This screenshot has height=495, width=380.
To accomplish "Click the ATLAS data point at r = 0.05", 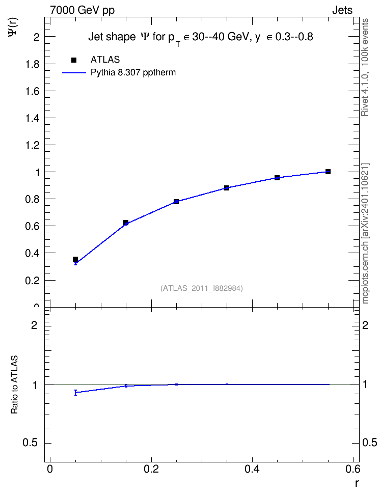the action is (75, 259).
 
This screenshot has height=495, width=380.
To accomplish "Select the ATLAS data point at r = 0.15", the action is (126, 223).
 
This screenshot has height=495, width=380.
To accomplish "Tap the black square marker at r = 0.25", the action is (176, 201).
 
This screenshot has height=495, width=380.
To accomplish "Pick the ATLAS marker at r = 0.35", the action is (227, 188).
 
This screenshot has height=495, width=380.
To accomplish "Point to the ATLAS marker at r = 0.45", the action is (277, 178).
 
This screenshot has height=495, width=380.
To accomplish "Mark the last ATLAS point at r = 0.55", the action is (328, 172).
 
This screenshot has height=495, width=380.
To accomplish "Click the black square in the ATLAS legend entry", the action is (74, 60).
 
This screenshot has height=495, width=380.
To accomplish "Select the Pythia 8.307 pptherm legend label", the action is (133, 73).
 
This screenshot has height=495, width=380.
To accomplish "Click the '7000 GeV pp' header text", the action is (82, 10).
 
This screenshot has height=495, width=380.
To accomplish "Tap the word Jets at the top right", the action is (342, 10).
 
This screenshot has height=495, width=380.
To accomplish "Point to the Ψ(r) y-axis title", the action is (13, 28).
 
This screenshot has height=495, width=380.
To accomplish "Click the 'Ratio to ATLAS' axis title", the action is (14, 385).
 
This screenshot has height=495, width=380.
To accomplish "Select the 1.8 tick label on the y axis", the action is (32, 64).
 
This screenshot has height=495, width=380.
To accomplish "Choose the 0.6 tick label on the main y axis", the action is (32, 226).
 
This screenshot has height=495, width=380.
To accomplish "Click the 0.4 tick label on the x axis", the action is (252, 469).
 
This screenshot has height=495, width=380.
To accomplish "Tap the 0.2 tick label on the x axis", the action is (151, 469).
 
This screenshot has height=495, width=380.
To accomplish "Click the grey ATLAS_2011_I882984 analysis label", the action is (202, 288).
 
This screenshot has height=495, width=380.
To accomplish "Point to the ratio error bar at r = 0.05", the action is (75, 393).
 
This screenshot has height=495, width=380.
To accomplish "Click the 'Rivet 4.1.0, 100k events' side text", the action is (365, 67).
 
